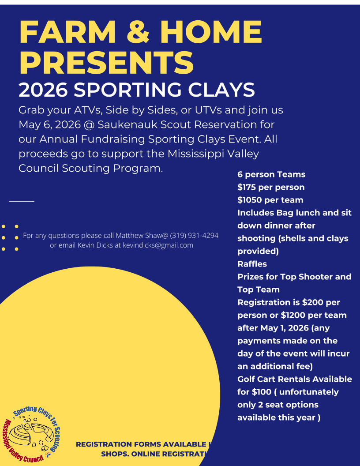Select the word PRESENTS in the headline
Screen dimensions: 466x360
coord(106,63)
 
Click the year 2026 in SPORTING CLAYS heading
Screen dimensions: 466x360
coord(43,90)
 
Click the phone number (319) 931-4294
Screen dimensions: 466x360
coord(194,235)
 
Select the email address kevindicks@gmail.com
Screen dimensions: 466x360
coord(158,245)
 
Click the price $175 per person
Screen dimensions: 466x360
coord(270,187)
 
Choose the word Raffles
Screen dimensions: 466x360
coord(252,264)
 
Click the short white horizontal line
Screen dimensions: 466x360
coord(22,201)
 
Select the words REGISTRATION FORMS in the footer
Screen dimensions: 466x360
coord(119,444)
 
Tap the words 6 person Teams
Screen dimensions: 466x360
coord(271,174)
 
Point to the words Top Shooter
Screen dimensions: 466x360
coord(311,277)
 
